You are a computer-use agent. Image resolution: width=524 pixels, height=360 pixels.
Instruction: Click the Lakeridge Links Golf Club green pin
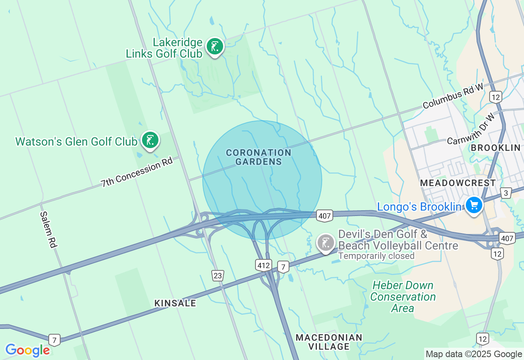(215, 46)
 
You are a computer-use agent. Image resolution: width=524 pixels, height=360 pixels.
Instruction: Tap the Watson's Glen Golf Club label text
(76, 142)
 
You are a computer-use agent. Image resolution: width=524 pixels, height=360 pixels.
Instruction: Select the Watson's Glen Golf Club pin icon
(150, 140)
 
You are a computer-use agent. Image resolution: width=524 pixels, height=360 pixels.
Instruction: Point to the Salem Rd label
(48, 229)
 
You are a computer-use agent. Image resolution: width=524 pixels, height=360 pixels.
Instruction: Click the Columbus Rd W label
(453, 96)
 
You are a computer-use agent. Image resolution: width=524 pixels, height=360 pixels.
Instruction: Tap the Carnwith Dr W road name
(471, 129)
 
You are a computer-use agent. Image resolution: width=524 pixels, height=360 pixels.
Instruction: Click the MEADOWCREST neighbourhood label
(458, 183)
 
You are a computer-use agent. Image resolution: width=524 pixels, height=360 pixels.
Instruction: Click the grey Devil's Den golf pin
(326, 243)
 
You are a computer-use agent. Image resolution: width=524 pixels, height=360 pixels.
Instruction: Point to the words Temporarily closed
(376, 256)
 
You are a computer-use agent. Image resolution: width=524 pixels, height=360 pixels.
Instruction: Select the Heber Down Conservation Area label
(403, 297)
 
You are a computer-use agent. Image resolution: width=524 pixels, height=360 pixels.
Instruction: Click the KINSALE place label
(175, 303)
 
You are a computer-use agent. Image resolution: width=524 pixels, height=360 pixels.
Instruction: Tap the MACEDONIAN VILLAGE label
(329, 342)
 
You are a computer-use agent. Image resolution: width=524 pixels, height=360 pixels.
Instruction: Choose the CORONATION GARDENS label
(259, 157)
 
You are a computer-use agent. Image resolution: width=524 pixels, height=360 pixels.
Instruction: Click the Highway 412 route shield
(264, 265)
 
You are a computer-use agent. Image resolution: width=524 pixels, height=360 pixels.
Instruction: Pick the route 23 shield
(218, 276)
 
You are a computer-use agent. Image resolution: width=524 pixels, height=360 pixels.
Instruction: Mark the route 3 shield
(506, 193)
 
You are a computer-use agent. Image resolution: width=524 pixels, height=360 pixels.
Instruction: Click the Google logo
(27, 350)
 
